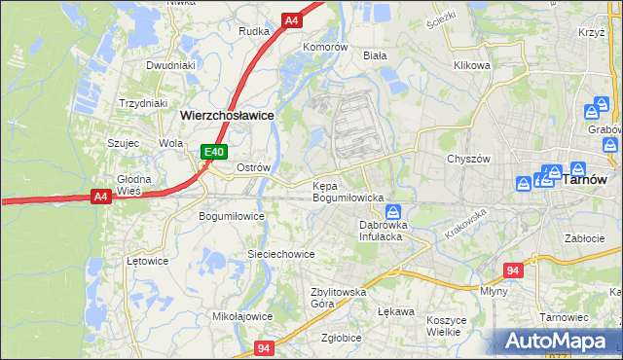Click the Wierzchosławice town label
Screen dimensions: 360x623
[227, 115]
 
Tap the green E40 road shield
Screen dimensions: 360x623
[215, 152]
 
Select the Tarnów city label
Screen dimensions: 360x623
[587, 179]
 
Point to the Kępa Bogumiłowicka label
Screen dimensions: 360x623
[348, 191]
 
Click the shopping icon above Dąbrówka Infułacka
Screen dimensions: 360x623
[391, 212]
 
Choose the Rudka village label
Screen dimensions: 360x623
[254, 31]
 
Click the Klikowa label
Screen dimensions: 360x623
[472, 66]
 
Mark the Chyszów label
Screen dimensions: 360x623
[466, 159]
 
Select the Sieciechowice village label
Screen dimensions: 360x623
[280, 254]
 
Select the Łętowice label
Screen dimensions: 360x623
[149, 261]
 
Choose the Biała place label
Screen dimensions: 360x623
[375, 56]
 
